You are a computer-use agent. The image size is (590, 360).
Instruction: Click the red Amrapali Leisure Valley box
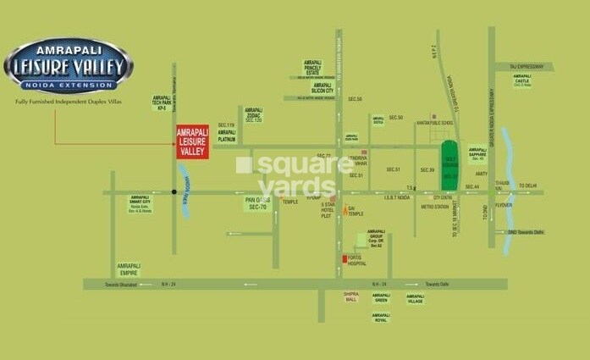click(191, 142)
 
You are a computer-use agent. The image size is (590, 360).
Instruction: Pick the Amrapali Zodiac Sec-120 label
click(254, 114)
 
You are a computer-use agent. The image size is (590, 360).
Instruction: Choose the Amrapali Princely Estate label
click(314, 67)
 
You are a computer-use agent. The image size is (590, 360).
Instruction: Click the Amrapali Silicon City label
click(322, 88)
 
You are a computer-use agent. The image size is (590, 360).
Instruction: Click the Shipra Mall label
click(351, 297)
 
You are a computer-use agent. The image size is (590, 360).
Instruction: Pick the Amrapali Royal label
click(381, 318)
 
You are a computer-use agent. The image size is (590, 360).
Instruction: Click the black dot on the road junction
click(174, 192)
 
